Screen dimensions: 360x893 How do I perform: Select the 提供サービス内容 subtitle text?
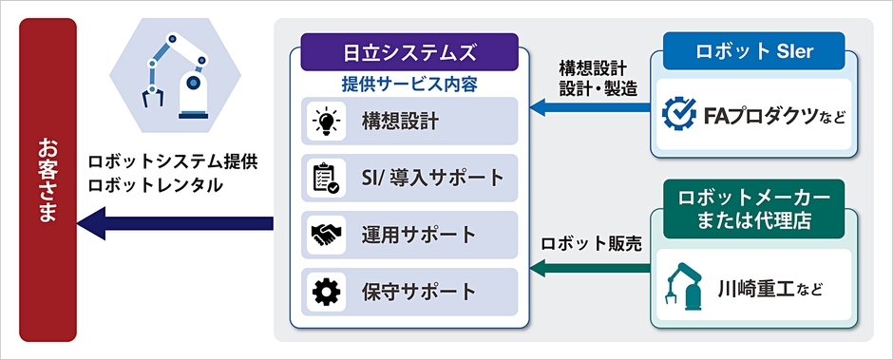[x=408, y=84]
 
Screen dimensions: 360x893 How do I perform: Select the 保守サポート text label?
[x=418, y=292]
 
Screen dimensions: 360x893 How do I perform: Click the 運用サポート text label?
[x=418, y=235]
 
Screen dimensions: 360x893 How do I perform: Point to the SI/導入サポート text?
[x=432, y=178]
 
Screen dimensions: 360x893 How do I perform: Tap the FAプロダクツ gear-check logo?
[x=680, y=117]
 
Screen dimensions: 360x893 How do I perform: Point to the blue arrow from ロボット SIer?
[x=589, y=109]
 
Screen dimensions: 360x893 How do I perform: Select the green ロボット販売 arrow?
[x=589, y=270]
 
